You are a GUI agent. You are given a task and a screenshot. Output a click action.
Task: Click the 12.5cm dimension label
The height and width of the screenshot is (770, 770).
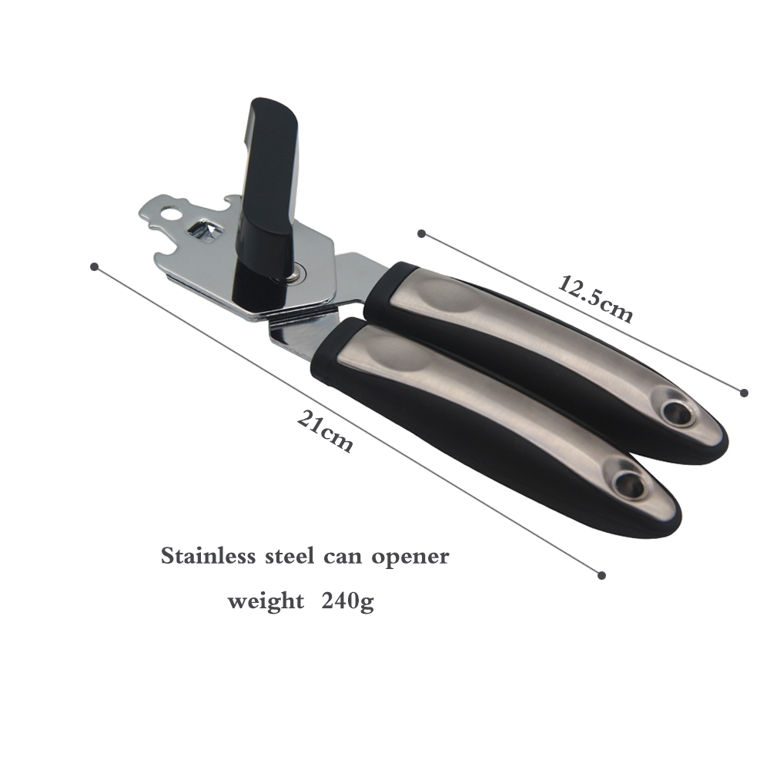coord(594,299)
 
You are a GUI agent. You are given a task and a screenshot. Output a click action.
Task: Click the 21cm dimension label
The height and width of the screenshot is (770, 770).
coord(325,431)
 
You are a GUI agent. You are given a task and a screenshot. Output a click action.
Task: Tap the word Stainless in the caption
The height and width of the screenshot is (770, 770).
coord(208,556)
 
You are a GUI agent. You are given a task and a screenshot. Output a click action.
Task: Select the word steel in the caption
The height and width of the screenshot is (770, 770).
coord(290,556)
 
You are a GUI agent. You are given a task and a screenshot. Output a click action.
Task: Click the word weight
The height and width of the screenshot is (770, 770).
coord(266,602)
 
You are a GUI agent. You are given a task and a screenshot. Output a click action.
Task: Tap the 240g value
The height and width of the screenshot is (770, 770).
coord(348,602)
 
